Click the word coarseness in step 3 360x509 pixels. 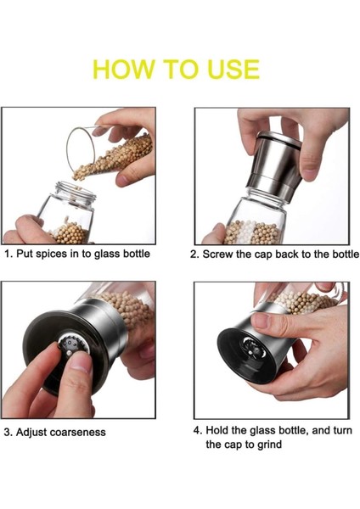tap(78, 433)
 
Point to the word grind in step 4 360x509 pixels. tap(269, 445)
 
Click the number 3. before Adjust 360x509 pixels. tap(8, 433)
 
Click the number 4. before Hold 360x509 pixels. tap(198, 431)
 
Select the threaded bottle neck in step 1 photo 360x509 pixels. tap(76, 193)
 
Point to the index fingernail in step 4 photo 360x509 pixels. tap(261, 321)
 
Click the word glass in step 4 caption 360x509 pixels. tap(263, 431)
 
